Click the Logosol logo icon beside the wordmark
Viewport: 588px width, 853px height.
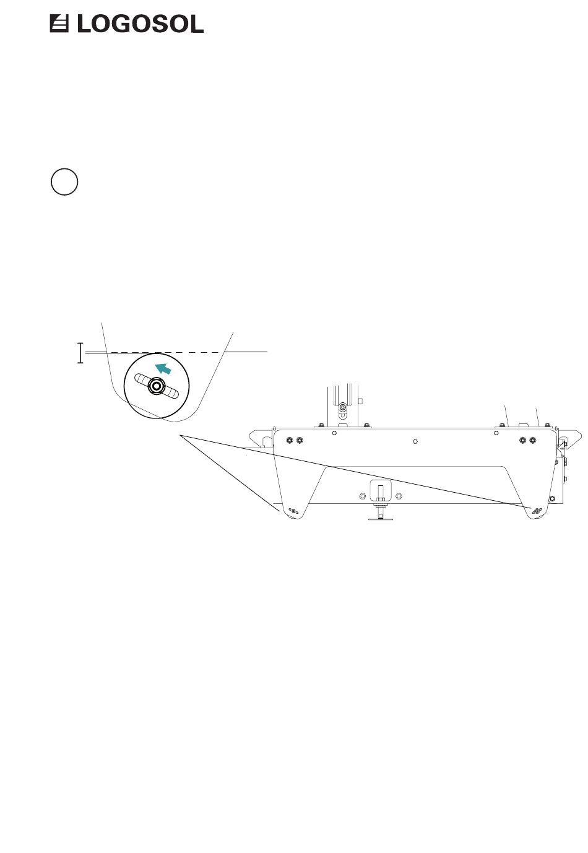click(59, 24)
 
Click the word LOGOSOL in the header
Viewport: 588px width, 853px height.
click(140, 24)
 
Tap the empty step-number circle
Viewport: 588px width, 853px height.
click(64, 181)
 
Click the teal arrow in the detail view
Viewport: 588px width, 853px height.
click(163, 368)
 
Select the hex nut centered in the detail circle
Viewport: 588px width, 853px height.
click(156, 386)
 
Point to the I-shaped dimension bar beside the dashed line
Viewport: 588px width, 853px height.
click(80, 353)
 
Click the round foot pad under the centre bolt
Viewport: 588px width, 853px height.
click(379, 517)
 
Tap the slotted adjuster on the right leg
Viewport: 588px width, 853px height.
click(537, 510)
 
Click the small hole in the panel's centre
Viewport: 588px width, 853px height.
click(415, 441)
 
